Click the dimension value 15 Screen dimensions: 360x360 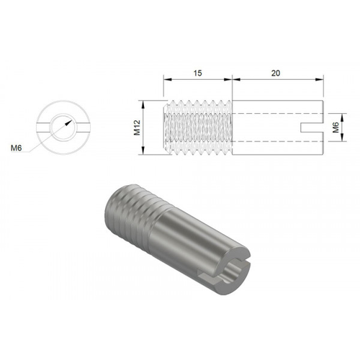tap(198, 73)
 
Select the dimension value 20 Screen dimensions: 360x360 tap(277, 73)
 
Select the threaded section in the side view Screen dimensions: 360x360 tap(198, 126)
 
